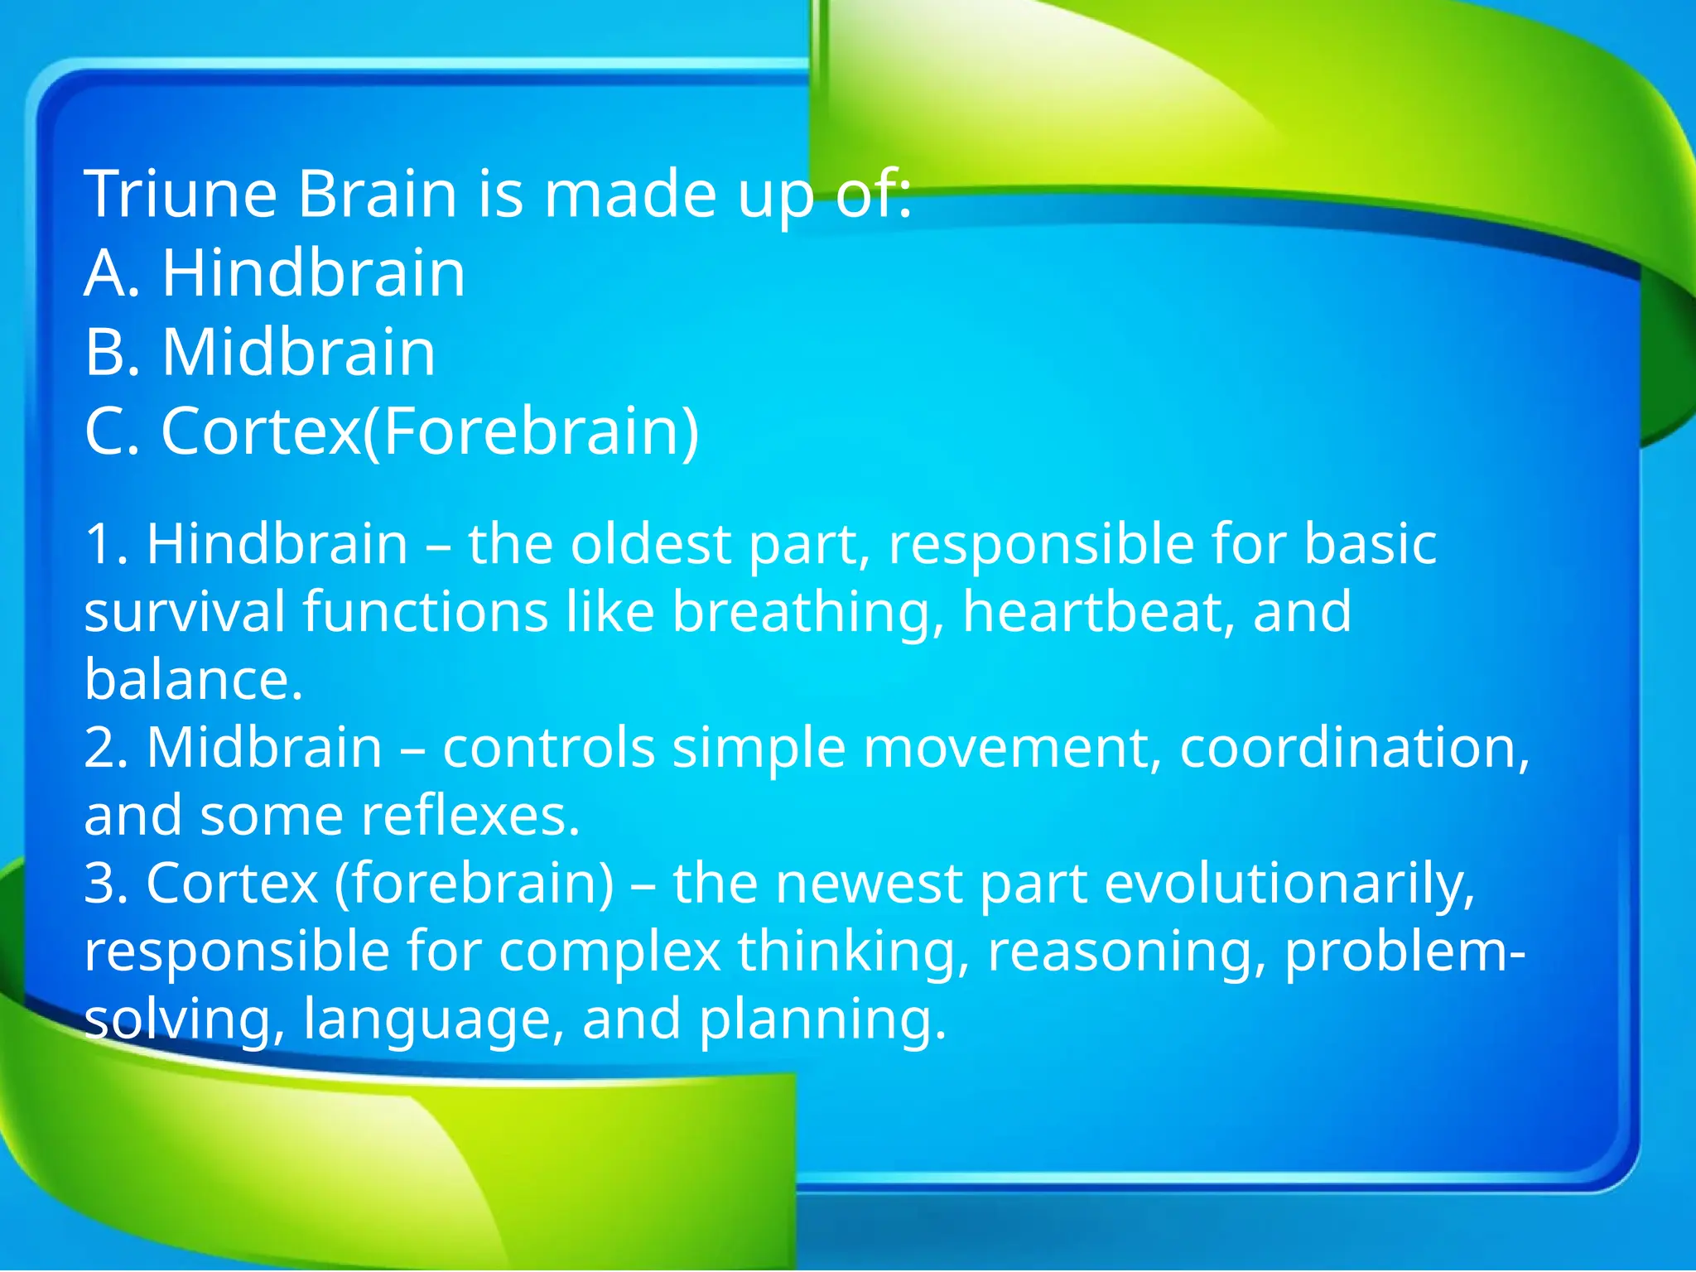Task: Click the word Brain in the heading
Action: coord(378,194)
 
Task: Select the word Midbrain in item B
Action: coord(299,353)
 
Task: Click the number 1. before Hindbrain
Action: coord(106,545)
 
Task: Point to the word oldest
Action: coord(651,545)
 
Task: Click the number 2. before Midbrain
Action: coord(106,749)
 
